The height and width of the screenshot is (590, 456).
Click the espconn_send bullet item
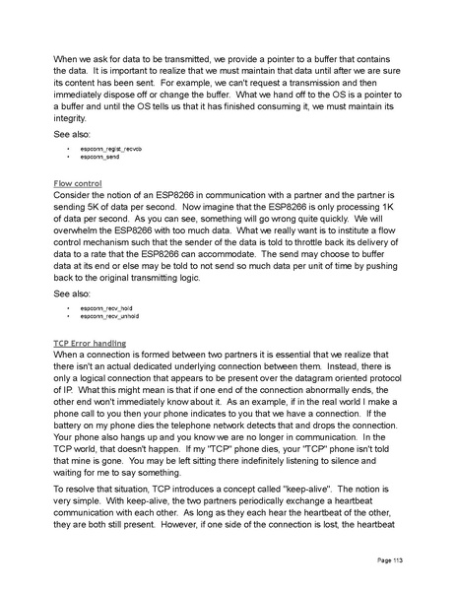pyautogui.click(x=95, y=156)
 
